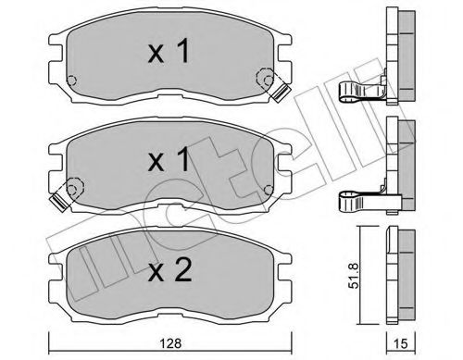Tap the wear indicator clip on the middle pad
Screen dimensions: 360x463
pyautogui.click(x=63, y=195)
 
